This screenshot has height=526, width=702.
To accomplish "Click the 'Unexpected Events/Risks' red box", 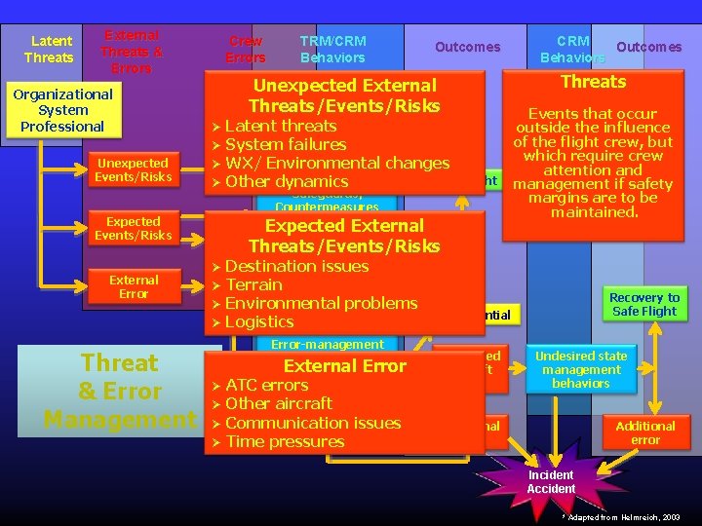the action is click(133, 170).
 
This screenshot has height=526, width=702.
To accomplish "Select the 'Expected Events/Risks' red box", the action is click(133, 229).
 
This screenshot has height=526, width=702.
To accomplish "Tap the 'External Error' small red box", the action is click(134, 287).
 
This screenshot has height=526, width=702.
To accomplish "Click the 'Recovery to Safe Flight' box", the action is click(644, 305).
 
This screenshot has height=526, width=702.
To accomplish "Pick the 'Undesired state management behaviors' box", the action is click(581, 369).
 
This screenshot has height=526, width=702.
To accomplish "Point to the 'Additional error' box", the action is click(644, 432).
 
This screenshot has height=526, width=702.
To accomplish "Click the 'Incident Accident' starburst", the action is click(551, 481).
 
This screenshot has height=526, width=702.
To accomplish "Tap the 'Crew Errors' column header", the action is click(246, 50).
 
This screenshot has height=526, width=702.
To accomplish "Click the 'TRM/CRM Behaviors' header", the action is click(332, 49).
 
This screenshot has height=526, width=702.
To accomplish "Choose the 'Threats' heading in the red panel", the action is click(593, 82).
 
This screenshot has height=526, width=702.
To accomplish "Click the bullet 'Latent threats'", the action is click(280, 126).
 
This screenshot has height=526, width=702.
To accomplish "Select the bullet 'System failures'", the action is click(285, 144).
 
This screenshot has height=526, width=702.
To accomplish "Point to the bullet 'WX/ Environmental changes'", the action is click(336, 163).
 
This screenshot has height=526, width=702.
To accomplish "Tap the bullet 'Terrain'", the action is click(253, 284).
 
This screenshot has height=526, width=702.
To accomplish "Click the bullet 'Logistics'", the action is click(258, 321).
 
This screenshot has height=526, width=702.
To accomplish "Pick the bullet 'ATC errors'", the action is click(266, 385).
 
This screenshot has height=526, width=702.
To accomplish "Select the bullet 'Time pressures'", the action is click(285, 441).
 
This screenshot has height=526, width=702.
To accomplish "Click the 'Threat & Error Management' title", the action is click(120, 392).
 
